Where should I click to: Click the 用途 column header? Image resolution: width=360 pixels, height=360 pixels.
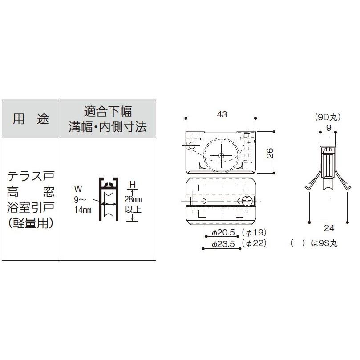pos(31,119)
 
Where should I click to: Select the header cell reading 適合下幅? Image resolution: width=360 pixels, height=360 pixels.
pos(108,111)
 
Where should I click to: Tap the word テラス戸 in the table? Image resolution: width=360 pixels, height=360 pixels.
pos(31,176)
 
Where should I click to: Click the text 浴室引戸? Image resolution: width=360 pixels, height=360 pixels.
pos(31,207)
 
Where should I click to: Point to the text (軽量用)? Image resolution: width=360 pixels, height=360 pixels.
pos(31,222)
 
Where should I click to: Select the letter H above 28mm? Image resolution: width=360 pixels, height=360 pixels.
pos(132,183)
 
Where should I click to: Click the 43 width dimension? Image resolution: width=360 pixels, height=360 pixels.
pos(222,114)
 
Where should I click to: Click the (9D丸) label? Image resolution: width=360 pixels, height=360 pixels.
pos(328,117)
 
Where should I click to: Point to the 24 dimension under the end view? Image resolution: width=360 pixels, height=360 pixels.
pos(329,228)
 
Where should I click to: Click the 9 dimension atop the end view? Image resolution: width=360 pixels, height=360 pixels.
pos(328,127)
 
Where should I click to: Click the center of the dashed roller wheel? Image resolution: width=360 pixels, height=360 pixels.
pos(221,155)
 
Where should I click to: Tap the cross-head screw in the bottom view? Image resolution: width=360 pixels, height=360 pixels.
pos(248,201)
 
